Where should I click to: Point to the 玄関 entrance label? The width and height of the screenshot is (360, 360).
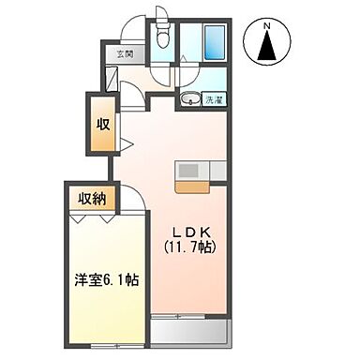pos(126,53)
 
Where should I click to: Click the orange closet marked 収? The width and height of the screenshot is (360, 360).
pos(100,126)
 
